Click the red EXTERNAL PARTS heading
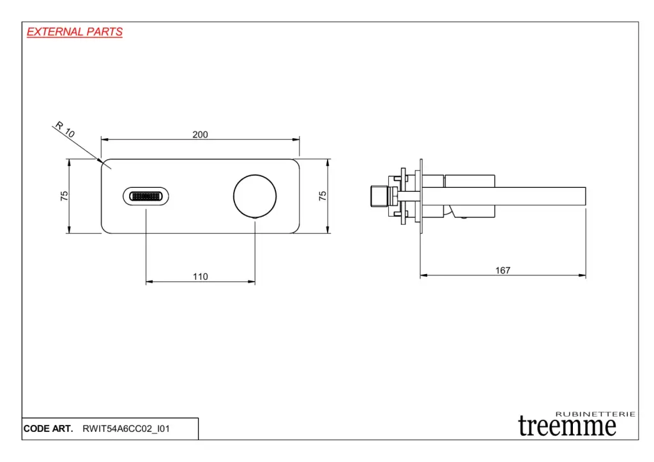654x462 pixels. (75, 32)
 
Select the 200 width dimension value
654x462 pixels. (200, 134)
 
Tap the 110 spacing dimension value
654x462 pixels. (200, 276)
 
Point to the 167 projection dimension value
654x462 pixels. (503, 270)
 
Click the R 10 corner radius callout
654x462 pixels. (65, 129)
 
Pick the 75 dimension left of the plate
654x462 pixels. (64, 196)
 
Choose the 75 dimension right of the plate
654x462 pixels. (323, 196)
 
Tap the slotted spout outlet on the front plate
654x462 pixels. (146, 196)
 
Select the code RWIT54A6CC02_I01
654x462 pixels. (126, 429)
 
